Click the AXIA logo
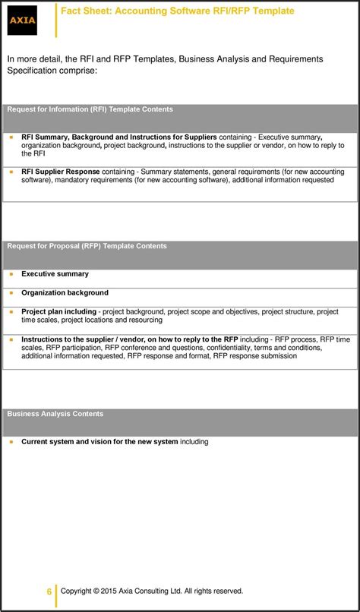coord(23,19)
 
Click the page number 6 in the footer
coord(49,591)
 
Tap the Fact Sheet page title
coord(177,11)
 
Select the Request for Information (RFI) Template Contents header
coord(90,109)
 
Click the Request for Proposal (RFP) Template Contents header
coord(87,246)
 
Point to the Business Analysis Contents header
coord(55,414)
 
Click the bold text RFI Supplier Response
coord(60,172)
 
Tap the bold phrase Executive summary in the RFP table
coord(55,274)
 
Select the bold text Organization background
coord(65,293)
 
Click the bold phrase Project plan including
coord(58,312)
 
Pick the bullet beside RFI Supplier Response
coord(11,172)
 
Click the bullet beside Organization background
coord(11,293)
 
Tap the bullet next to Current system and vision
coord(11,442)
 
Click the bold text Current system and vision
coord(99,442)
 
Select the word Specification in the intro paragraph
coord(30,71)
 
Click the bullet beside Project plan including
coord(11,312)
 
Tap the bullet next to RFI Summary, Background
coord(11,137)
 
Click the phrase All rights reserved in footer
coord(213,591)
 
